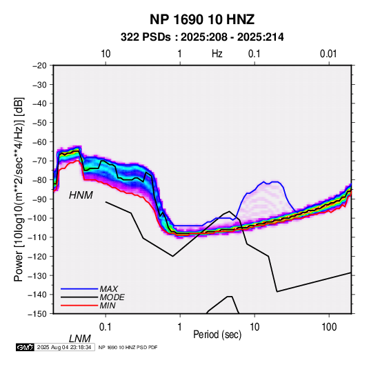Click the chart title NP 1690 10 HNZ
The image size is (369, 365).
202,19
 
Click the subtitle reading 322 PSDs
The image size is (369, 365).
146,37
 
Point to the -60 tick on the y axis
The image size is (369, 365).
40,141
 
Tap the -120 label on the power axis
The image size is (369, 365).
38,256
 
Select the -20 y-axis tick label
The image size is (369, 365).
40,66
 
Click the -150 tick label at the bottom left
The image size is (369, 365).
38,314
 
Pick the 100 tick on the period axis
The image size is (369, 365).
329,327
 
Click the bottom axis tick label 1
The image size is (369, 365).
180,327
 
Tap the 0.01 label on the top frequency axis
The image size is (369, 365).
328,54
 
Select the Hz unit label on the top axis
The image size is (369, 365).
217,54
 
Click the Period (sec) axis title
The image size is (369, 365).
217,335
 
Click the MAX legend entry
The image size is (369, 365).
109,288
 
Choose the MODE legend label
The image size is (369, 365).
112,297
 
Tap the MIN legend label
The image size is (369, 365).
108,306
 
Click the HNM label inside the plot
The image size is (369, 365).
81,195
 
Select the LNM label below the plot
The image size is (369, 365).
80,339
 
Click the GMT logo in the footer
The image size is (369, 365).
25,347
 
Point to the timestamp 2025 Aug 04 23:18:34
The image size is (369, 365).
64,347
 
